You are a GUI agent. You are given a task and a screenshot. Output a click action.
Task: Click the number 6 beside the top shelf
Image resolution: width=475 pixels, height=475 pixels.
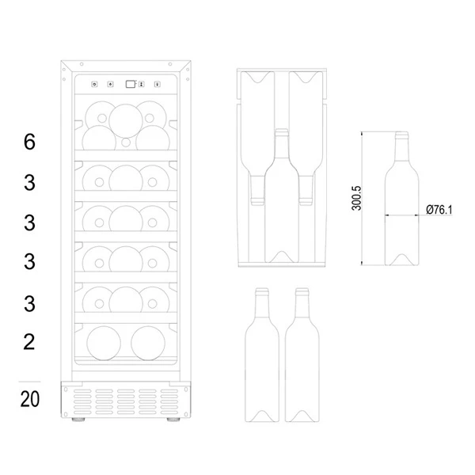[x=29, y=142]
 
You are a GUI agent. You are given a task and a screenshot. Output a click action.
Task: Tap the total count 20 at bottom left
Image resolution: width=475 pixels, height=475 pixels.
[x=30, y=399]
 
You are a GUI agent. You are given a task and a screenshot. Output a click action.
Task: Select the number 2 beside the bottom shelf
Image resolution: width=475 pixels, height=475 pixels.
[x=29, y=342]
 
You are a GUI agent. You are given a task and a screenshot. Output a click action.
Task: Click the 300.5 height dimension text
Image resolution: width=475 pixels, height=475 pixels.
[x=356, y=198]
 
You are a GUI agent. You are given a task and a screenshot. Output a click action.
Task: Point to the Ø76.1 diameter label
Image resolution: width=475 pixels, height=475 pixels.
[x=439, y=210]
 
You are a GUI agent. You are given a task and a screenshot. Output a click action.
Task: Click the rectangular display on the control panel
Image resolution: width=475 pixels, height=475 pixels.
[x=131, y=84]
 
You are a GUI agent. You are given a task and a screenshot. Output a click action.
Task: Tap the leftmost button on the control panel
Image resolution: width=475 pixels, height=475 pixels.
[x=94, y=84]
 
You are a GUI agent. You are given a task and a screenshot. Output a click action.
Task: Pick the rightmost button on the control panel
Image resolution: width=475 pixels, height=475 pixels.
[x=158, y=84]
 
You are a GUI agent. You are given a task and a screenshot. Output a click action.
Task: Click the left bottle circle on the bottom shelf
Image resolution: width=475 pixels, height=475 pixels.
[x=104, y=344]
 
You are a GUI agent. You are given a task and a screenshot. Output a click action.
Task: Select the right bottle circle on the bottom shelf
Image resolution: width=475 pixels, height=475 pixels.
[x=148, y=344]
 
